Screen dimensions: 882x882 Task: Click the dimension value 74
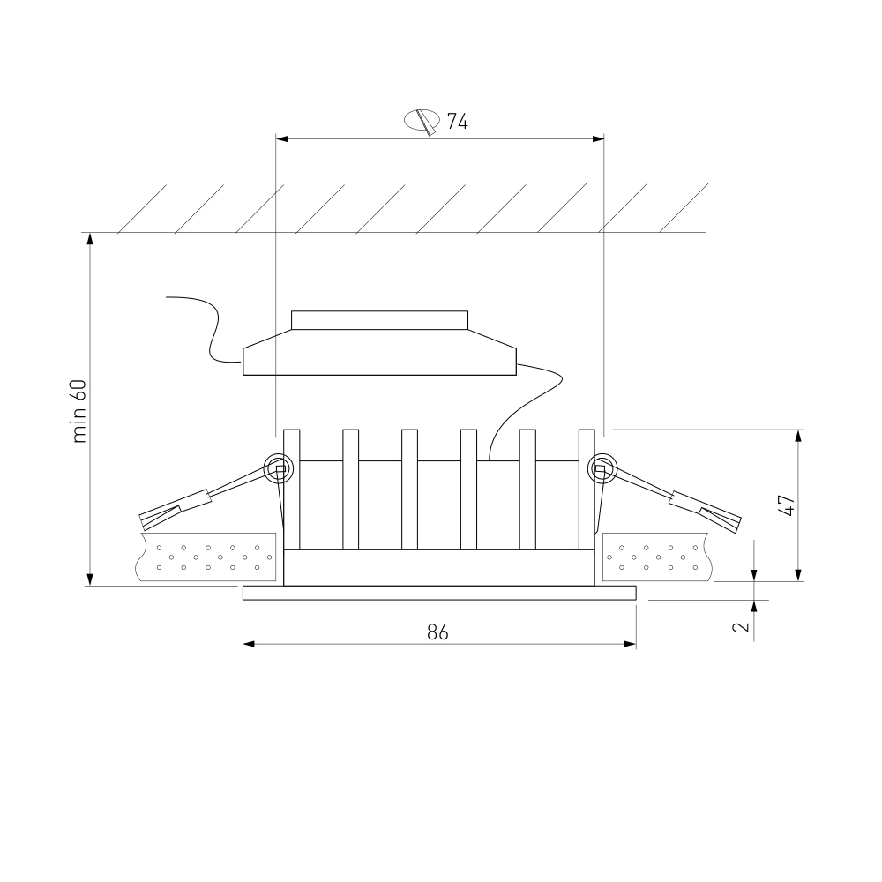[457, 121]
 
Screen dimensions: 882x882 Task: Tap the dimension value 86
[437, 632]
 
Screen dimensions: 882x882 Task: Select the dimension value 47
[787, 505]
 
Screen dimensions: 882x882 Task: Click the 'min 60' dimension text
[79, 411]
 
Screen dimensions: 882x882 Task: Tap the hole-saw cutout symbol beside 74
[422, 122]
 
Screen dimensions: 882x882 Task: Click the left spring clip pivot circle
[279, 468]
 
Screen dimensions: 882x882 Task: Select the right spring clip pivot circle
[602, 468]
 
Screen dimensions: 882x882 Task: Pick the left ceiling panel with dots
[206, 557]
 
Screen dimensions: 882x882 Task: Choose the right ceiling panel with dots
[656, 557]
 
